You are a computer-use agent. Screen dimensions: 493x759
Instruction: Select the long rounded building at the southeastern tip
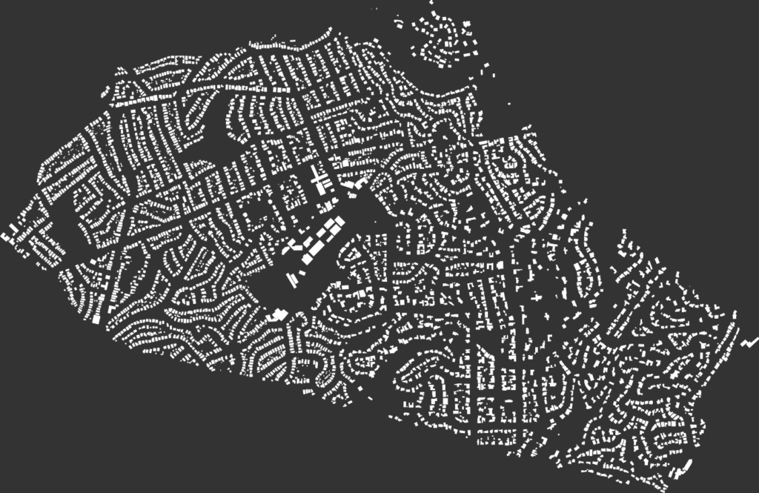coord(683,466)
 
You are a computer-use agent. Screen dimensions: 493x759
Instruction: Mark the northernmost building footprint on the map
coord(431,4)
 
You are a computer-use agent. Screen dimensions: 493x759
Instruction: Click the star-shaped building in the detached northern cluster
coord(467,27)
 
